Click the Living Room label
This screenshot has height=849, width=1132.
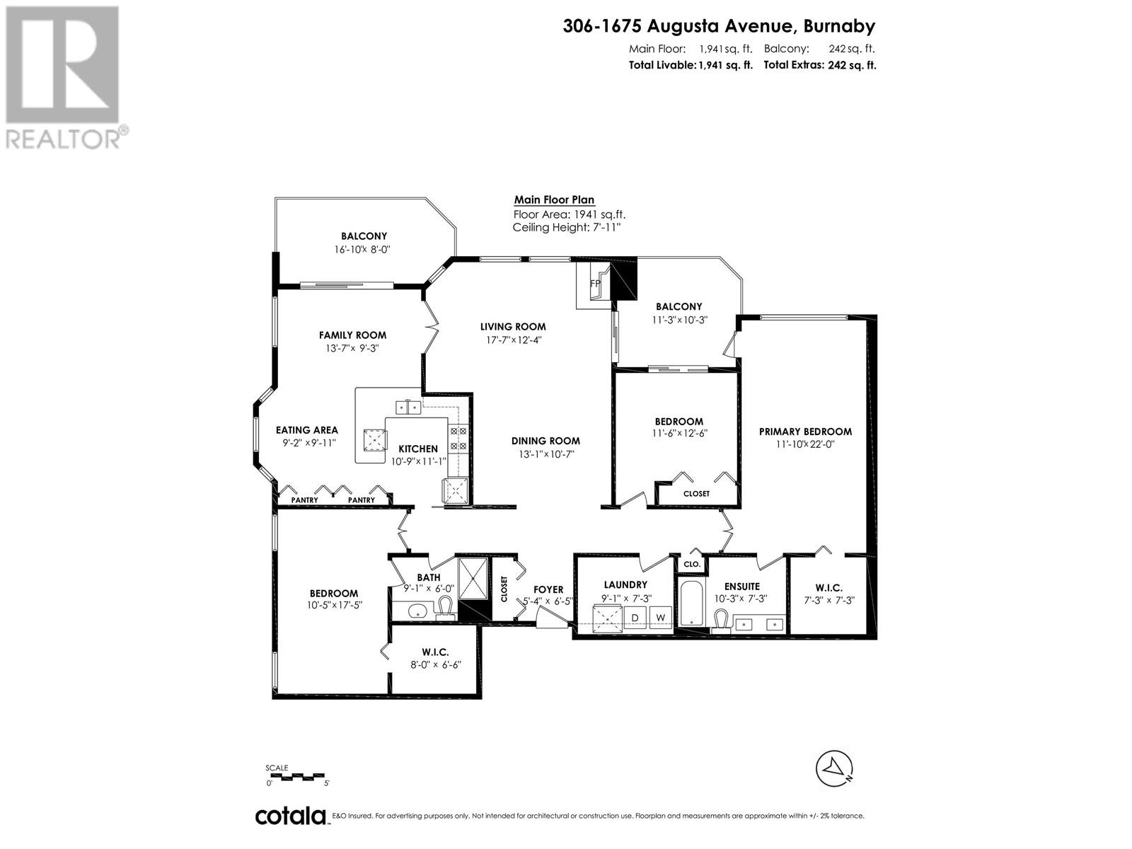513,326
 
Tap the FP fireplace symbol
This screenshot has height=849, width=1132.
595,284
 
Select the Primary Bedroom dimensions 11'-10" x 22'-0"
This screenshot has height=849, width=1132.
805,444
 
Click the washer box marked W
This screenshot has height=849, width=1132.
660,618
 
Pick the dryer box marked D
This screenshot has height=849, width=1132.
635,618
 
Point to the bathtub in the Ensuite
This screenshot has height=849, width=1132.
690,603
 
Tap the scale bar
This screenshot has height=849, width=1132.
297,776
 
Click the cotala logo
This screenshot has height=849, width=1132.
291,816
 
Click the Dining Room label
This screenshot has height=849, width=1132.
545,441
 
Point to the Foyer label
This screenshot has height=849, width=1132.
548,589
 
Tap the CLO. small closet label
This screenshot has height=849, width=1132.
691,564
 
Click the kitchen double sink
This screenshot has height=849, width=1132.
408,407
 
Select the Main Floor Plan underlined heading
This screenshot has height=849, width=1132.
554,200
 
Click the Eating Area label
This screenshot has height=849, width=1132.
306,429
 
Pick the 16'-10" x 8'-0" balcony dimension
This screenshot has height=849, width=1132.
363,249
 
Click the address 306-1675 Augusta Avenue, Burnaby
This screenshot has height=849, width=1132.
719,26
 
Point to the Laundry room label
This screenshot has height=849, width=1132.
625,584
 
